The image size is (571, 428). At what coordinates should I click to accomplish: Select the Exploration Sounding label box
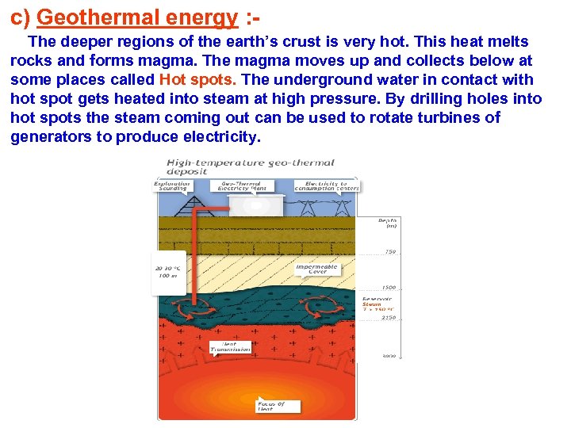coord(172,186)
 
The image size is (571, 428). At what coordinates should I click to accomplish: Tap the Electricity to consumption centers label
coord(327,186)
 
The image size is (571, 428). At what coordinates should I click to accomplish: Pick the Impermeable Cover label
coord(316,269)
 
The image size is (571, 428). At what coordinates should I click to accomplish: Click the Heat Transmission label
coord(230,346)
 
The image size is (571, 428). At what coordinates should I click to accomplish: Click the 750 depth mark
coord(389,252)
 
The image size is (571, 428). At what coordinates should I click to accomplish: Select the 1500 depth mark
coord(388,287)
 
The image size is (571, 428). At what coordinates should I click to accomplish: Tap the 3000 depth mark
coord(389,357)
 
